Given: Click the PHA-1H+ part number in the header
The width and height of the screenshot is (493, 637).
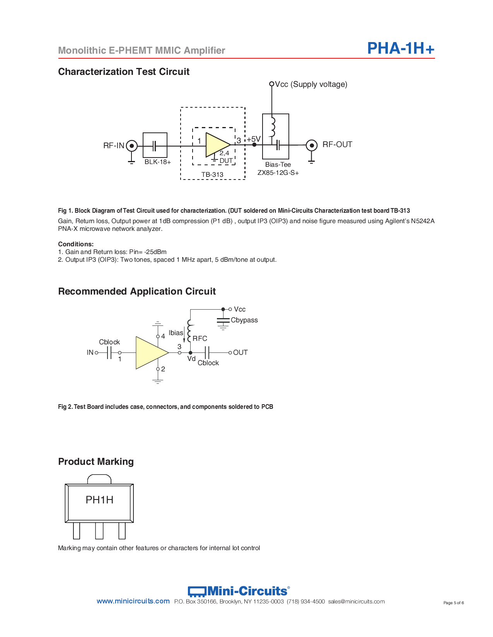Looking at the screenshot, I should click(401, 49).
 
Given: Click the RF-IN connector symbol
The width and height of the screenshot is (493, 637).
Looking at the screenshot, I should click(131, 146).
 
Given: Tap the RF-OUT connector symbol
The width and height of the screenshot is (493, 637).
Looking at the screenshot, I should click(311, 146).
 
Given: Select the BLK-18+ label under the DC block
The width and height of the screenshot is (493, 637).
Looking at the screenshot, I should click(157, 162).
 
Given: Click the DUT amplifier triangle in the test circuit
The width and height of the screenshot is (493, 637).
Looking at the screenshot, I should click(217, 145).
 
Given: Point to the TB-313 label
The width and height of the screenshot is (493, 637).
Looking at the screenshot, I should click(212, 174).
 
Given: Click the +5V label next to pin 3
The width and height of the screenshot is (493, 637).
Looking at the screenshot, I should click(254, 139).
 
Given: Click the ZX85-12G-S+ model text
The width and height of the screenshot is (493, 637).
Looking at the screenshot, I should click(278, 173).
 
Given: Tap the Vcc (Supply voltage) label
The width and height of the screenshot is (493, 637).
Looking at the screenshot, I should click(311, 84).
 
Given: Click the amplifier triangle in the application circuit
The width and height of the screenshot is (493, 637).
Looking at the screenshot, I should click(150, 352).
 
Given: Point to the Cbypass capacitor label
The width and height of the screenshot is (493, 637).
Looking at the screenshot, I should click(244, 320).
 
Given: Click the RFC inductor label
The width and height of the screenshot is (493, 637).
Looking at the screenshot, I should click(200, 339).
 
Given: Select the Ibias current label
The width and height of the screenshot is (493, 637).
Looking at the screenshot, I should click(176, 333).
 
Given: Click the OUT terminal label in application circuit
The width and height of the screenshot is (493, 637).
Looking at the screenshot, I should click(240, 352).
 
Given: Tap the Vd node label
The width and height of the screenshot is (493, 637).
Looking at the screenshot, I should click(191, 359).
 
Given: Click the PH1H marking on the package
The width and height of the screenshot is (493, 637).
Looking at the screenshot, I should click(99, 500).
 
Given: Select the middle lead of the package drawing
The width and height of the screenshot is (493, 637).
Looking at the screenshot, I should click(99, 530).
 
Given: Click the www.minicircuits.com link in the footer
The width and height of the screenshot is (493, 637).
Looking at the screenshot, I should click(133, 601).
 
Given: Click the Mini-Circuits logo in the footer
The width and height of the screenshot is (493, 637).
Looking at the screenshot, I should click(238, 591).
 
